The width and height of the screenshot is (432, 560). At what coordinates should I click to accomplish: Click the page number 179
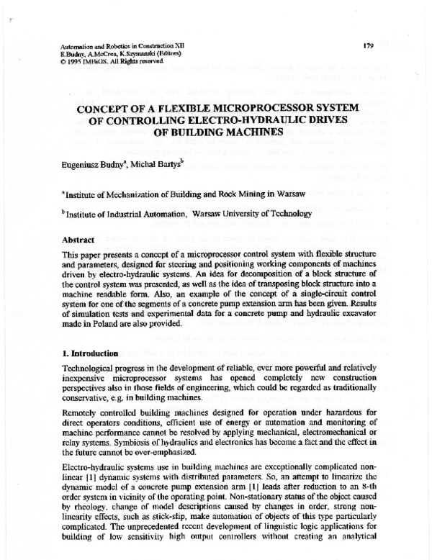coord(368,46)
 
